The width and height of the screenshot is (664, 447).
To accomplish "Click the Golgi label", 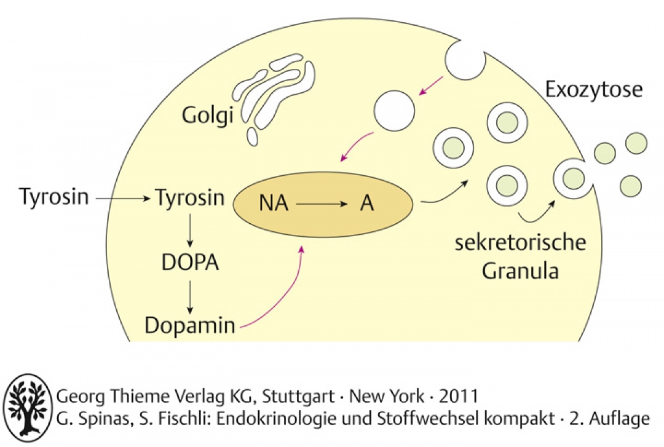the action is coord(208,115).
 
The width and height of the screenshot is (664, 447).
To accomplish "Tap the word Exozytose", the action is coord(594,89).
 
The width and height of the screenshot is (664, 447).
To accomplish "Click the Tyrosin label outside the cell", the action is coord(54,197).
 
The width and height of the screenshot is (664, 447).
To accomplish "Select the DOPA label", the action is coord(190,263).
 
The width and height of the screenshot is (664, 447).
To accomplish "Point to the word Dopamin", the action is coord(190,325).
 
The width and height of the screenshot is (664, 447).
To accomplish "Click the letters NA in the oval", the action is coord(274,203).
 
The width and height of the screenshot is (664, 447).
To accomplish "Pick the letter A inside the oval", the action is coord(366,203).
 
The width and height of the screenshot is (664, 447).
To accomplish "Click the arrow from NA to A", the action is coord(322,204).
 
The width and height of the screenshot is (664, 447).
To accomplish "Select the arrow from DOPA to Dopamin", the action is coord(190,297).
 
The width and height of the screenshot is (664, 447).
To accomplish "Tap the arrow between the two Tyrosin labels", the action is coord(123,198).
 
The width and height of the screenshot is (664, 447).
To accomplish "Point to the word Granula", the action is coord(521,271).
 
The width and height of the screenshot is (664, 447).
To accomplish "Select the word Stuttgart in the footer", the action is coord(299,397).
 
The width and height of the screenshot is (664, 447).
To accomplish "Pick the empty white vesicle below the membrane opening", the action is coord(394,111).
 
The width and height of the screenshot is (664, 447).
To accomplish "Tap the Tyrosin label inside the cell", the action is coord(190,197).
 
